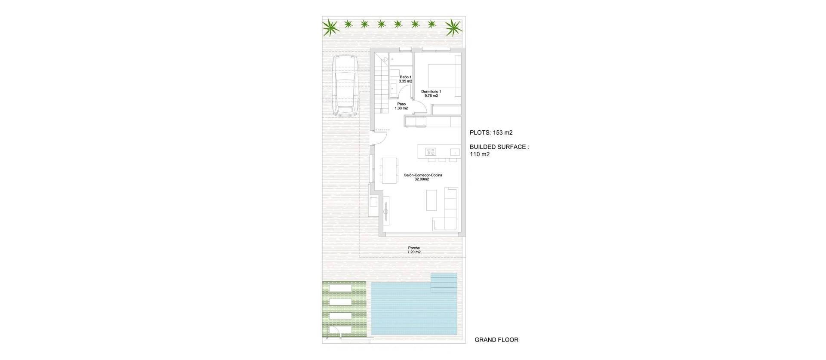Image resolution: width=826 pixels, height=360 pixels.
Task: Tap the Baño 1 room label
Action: tap(405, 79)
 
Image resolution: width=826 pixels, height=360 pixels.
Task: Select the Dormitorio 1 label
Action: tap(431, 93)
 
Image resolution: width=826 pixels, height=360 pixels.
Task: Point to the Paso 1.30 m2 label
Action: tap(401, 106)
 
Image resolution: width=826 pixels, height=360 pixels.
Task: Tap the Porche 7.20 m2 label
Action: tap(414, 250)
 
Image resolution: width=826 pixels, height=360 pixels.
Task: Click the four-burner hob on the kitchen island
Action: tap(431, 151)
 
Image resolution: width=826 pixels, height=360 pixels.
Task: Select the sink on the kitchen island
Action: tap(454, 152)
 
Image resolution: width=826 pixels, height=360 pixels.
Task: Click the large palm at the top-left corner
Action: tap(331, 28)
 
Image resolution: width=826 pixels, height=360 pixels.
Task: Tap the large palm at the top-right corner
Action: tap(453, 28)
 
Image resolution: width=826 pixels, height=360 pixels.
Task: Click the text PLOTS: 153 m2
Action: tap(491, 132)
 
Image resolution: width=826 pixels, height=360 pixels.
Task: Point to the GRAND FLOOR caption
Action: tap(496, 340)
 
